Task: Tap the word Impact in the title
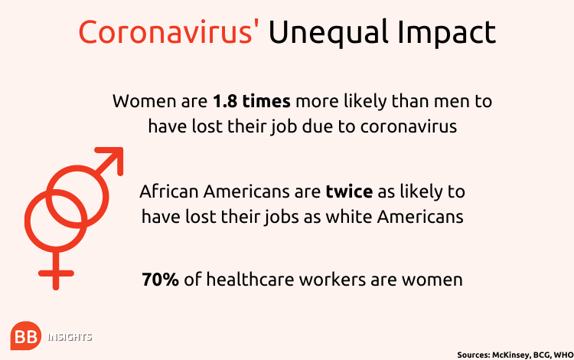[x=447, y=34]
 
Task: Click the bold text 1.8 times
[x=252, y=101]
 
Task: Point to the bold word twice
[x=349, y=191]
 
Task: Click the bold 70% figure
[x=161, y=280]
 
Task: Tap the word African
[x=169, y=191]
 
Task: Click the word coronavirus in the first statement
[x=409, y=126]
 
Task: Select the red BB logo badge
[x=25, y=335]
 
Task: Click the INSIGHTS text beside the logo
[x=70, y=337]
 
